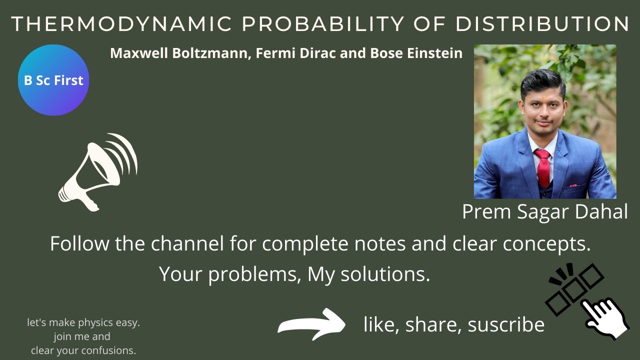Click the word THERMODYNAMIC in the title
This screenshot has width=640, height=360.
click(x=121, y=24)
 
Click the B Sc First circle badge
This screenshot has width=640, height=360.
click(x=53, y=80)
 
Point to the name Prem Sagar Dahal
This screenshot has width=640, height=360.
click(x=544, y=211)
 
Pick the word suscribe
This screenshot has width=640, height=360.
click(x=506, y=324)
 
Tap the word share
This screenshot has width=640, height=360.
click(x=433, y=324)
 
